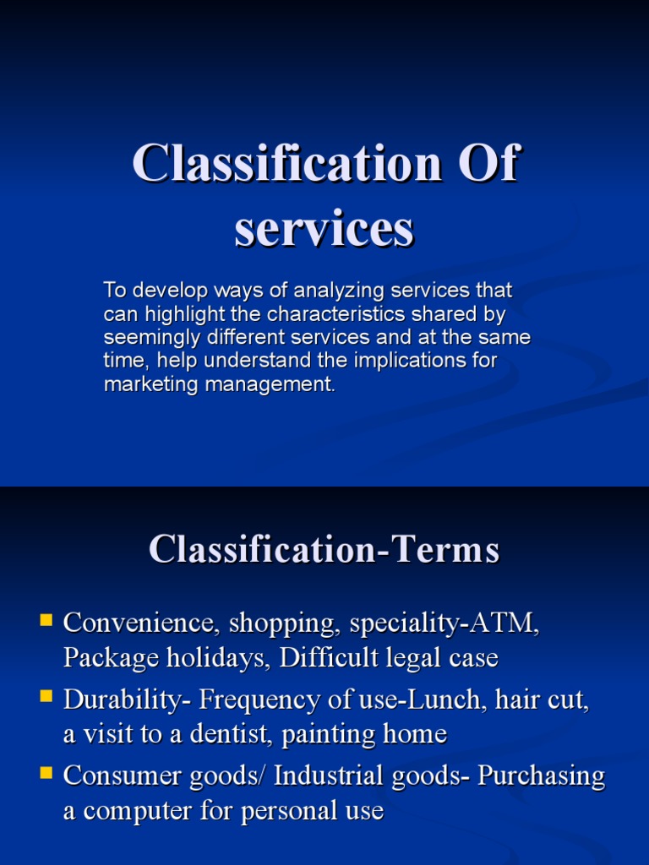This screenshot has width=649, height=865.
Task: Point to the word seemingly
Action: pyautogui.click(x=145, y=338)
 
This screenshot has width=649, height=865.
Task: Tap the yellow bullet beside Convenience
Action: pyautogui.click(x=47, y=621)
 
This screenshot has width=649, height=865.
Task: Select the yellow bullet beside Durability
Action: pyautogui.click(x=47, y=697)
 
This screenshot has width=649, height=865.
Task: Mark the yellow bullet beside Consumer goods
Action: pyautogui.click(x=47, y=773)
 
